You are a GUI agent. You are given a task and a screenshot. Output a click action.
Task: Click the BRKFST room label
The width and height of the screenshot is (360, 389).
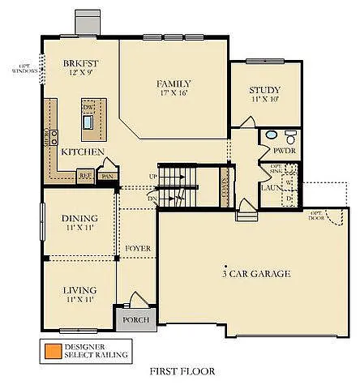[x=81, y=63]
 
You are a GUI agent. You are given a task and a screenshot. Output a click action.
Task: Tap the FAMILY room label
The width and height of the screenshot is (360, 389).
[x=174, y=83]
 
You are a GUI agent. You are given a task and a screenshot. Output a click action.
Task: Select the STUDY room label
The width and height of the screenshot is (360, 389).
[x=264, y=90]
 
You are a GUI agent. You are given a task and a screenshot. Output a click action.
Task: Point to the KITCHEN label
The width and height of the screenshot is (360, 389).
[x=83, y=152]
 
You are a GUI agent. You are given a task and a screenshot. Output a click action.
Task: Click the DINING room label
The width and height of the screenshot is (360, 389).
[x=79, y=218]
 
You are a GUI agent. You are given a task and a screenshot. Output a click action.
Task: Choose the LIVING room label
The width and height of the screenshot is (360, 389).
[x=79, y=289]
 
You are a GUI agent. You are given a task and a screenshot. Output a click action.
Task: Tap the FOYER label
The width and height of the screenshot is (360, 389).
[x=136, y=248]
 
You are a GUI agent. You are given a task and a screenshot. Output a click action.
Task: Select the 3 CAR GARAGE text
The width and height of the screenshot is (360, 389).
[x=256, y=274]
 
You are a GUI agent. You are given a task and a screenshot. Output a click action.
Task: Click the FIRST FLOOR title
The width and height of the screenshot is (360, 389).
[x=182, y=372]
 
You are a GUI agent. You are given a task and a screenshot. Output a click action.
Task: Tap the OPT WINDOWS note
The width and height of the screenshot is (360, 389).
[x=21, y=68]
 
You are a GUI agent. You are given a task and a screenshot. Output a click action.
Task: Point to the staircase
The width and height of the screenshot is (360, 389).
[x=177, y=186]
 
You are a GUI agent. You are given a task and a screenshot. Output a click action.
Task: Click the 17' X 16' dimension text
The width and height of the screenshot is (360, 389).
[x=174, y=93]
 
